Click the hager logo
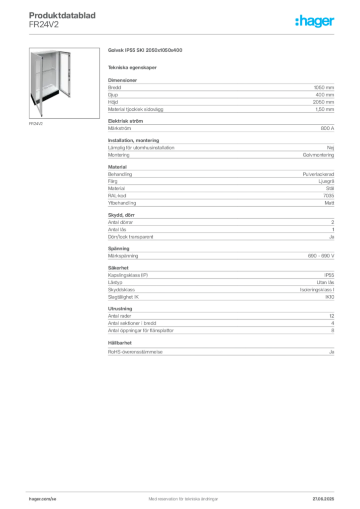(314, 21)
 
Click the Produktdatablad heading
(62, 15)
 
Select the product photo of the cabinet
(64, 83)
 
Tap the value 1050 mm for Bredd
(324, 87)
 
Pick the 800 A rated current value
(327, 128)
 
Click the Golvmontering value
(318, 155)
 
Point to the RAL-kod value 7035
(329, 195)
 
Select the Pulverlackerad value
(318, 174)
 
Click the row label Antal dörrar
(120, 222)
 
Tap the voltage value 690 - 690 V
(321, 256)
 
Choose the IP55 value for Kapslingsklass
(329, 275)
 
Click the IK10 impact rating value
(330, 297)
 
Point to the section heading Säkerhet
(118, 268)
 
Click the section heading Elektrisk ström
(125, 121)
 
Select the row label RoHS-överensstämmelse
(135, 351)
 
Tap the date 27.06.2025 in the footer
(323, 499)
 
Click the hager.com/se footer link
(43, 499)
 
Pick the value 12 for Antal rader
(332, 316)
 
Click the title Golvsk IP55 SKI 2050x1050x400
(145, 50)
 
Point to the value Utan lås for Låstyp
(325, 282)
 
